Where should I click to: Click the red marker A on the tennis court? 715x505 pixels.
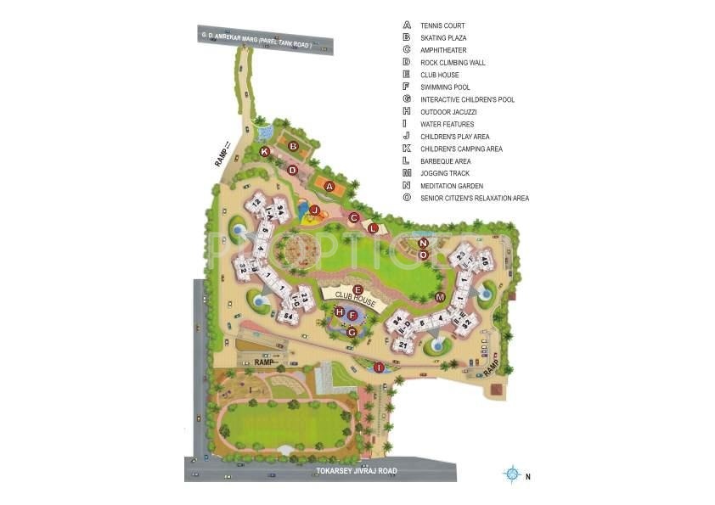pos(330,186)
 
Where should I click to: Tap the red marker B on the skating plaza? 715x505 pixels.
pos(293,146)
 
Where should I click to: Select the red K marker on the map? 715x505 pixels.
pos(265,151)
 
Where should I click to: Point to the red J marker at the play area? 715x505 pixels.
pos(314,210)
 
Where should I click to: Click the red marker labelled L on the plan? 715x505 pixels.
pos(373,227)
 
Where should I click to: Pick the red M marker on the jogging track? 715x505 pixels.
pos(440,297)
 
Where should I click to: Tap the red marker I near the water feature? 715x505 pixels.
pos(379,367)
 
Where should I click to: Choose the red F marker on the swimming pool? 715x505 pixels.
pos(352,316)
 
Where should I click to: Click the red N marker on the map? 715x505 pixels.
pos(423,244)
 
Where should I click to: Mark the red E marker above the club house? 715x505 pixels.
pos(358,289)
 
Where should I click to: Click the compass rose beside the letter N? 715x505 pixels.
pos(511,474)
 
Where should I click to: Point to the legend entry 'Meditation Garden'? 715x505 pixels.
pos(452,186)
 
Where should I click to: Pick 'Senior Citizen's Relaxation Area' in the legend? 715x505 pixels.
pos(475,199)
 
